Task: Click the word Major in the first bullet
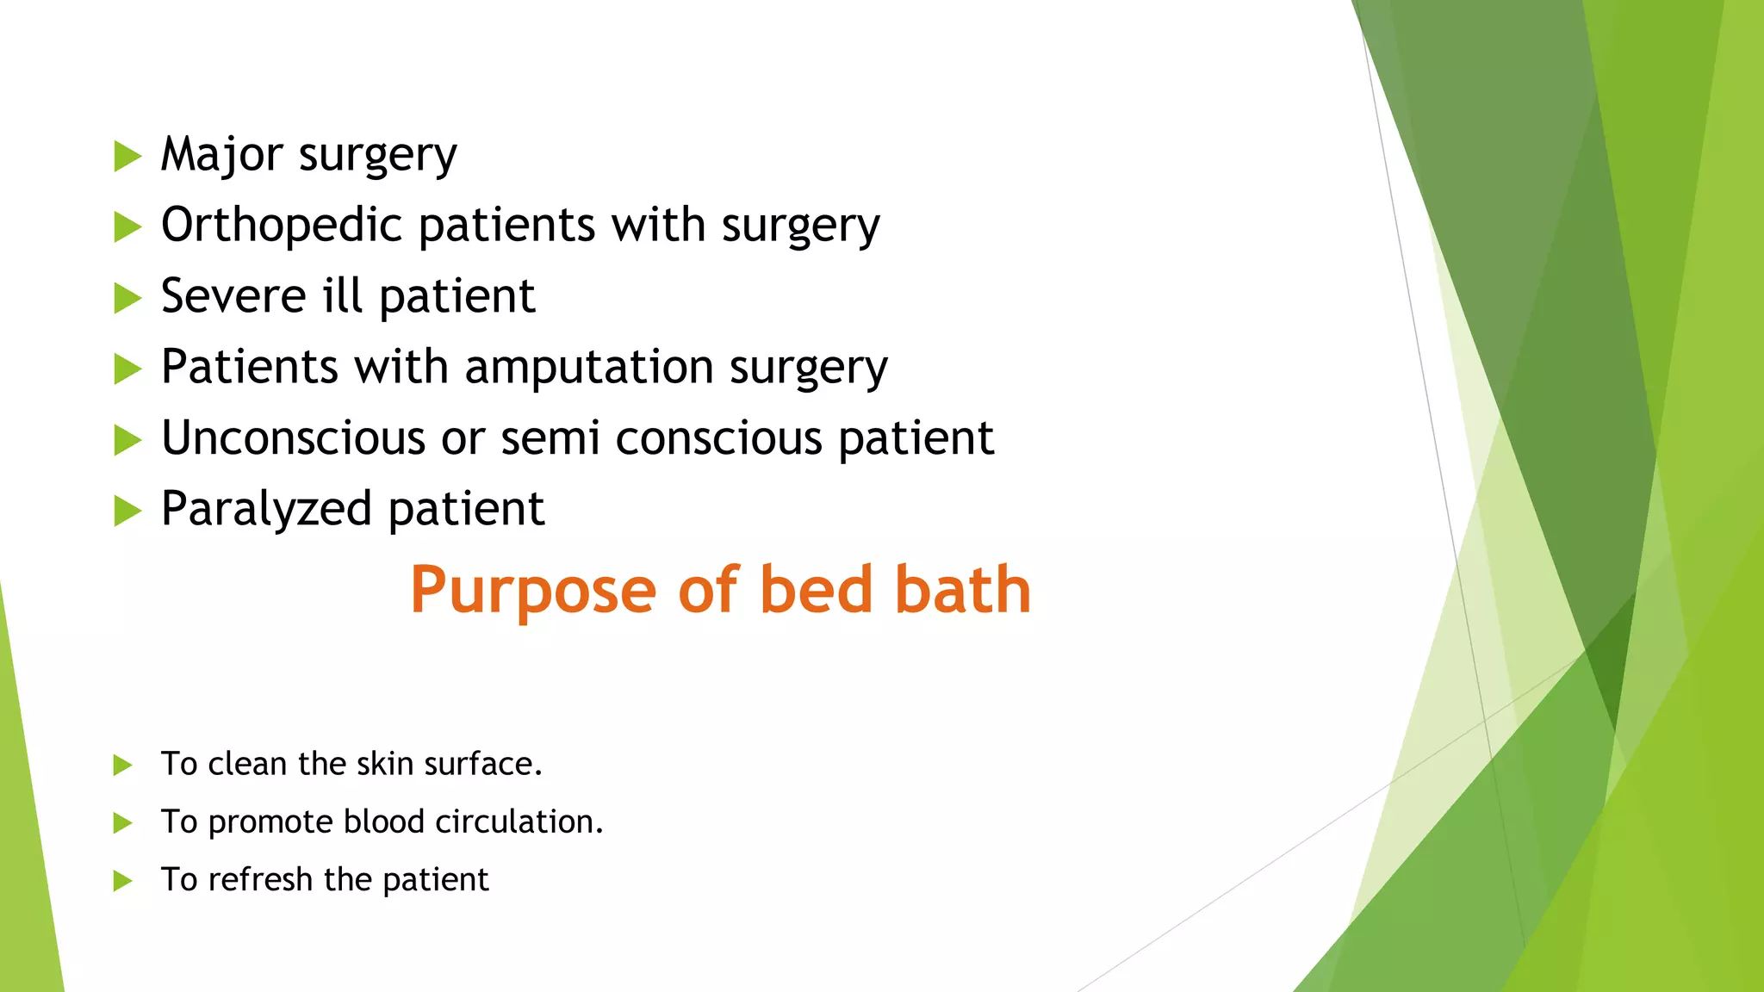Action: [221, 155]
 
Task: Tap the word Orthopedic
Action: [282, 226]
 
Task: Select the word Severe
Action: [233, 297]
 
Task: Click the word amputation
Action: [589, 368]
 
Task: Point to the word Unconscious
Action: [293, 438]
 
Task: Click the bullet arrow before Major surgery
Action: [127, 157]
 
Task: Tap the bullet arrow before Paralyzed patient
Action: [127, 511]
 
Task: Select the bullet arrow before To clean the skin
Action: [122, 765]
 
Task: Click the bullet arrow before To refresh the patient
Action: [122, 881]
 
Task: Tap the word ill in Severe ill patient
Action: [342, 297]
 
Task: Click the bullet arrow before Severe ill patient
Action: [127, 299]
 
